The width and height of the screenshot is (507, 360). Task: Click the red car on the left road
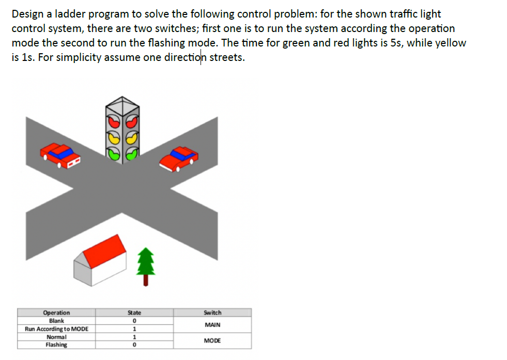pos(61,154)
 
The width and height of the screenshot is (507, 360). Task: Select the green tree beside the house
pos(147,263)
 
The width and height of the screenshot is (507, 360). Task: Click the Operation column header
pos(56,312)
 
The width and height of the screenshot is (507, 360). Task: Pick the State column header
pos(134,312)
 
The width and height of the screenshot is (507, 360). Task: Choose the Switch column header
pos(212,312)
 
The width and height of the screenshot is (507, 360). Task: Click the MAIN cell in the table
pos(212,325)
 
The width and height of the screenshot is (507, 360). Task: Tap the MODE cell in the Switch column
pos(212,341)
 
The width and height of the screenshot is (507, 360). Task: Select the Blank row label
pos(56,321)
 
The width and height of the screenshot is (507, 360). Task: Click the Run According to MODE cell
pos(56,329)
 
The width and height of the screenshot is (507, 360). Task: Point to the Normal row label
pos(56,337)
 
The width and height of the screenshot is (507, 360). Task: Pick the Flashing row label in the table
pos(56,345)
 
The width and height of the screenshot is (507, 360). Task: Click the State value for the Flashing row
pos(134,345)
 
